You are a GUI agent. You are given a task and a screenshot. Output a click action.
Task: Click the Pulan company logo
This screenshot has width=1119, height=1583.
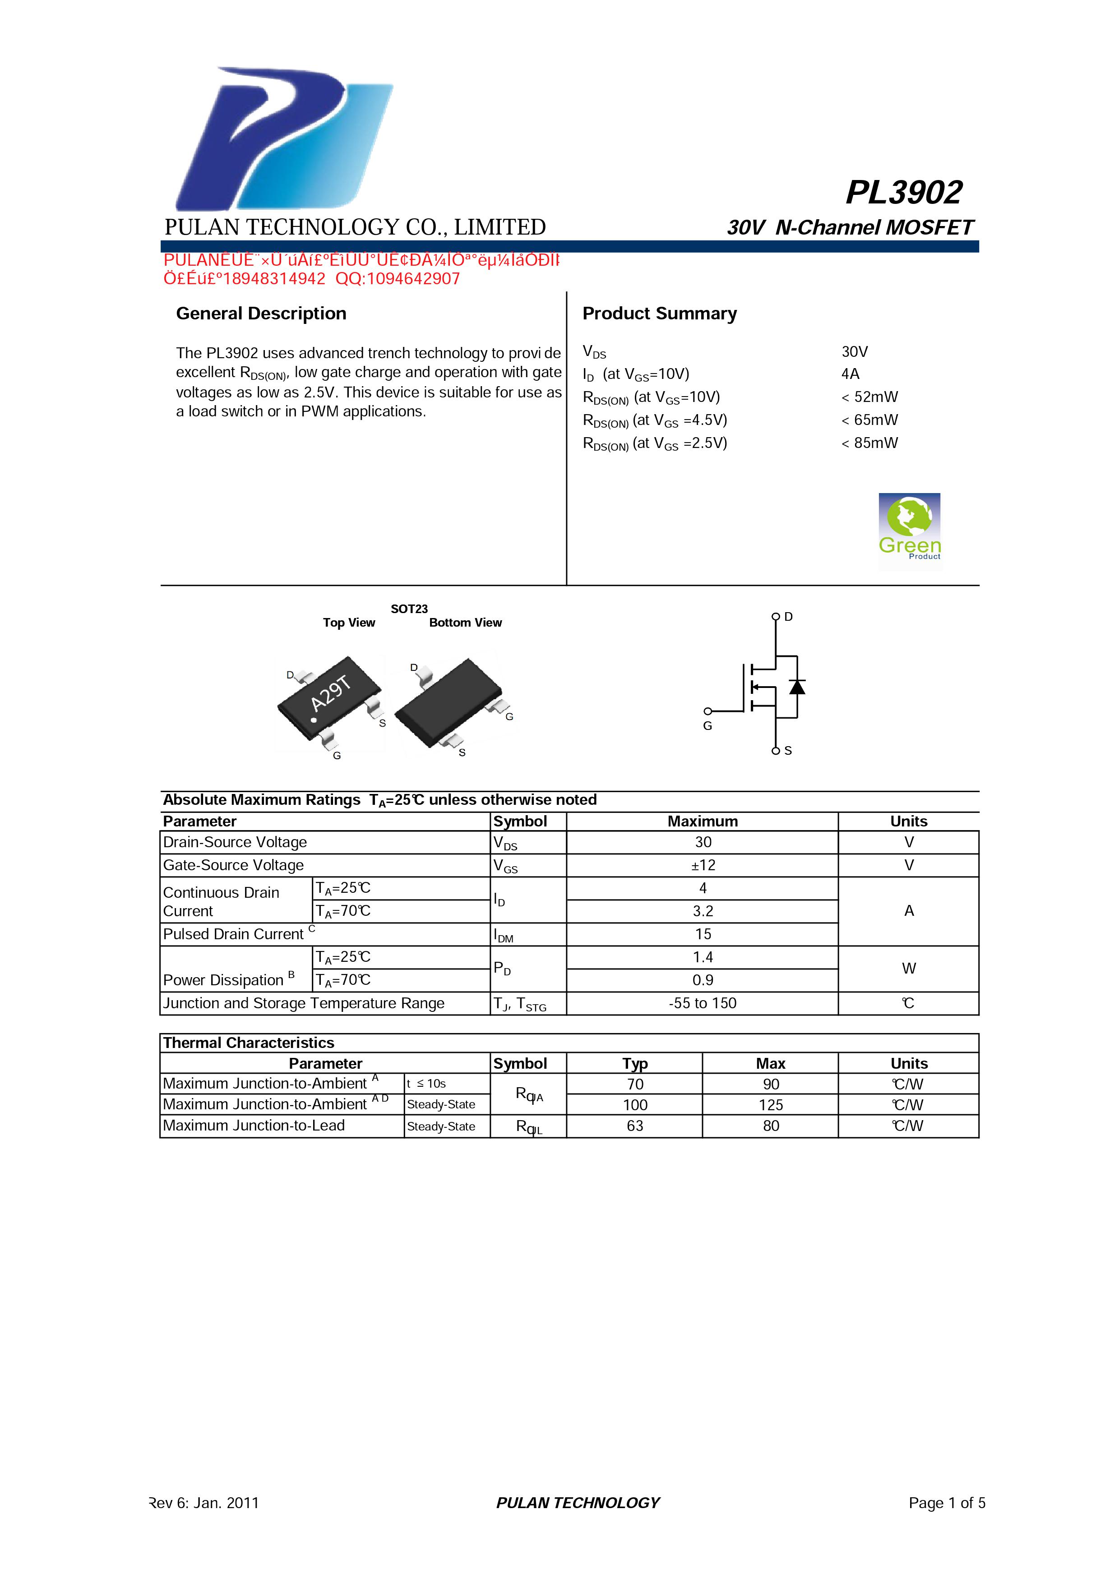[x=282, y=138]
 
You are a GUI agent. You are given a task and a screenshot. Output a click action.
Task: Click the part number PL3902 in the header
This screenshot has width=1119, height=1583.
[x=903, y=192]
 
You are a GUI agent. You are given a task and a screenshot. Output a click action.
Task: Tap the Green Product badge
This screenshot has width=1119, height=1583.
[x=909, y=531]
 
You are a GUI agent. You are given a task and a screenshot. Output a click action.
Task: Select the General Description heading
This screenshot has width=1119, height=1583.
[x=261, y=314]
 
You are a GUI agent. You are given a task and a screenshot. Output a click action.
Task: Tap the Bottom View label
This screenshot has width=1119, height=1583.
[x=465, y=623]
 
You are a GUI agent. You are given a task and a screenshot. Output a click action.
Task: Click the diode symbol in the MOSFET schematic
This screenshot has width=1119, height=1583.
[x=797, y=687]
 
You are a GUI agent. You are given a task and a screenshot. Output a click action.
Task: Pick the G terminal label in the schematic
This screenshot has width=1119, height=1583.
[x=707, y=726]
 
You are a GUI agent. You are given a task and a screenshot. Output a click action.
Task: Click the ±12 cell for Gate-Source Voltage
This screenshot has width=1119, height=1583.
[x=703, y=865]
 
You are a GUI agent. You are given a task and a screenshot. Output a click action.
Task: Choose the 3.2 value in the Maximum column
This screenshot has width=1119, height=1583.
[x=703, y=911]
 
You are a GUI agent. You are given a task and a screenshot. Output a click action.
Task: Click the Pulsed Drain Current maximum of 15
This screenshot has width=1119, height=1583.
[x=703, y=934]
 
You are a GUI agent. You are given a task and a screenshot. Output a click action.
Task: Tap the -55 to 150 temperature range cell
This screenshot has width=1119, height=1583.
[x=703, y=1003]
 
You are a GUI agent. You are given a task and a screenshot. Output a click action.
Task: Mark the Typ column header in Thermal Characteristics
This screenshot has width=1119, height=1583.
[x=634, y=1063]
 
